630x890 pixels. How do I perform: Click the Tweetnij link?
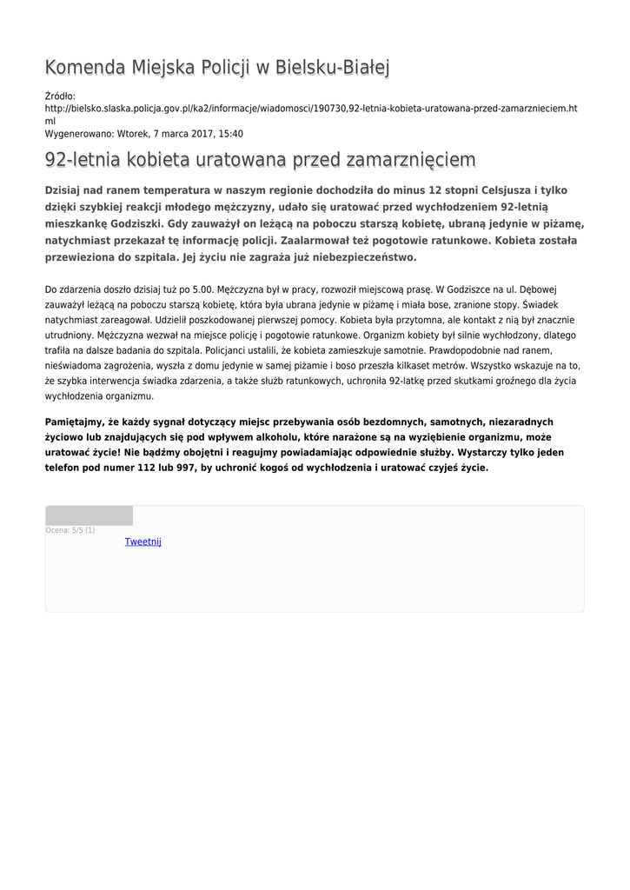pyautogui.click(x=143, y=541)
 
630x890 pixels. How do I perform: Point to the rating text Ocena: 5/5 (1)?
pyautogui.click(x=70, y=530)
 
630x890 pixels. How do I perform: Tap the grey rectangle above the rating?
pyautogui.click(x=89, y=515)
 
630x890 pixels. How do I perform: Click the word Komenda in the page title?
pyautogui.click(x=84, y=67)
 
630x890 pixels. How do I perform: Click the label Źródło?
pyautogui.click(x=60, y=96)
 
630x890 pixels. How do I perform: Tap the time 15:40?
pyautogui.click(x=231, y=134)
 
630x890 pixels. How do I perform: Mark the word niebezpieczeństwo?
pyautogui.click(x=356, y=257)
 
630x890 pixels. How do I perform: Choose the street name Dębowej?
pyautogui.click(x=543, y=288)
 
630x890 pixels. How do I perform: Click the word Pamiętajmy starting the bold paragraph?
pyautogui.click(x=75, y=422)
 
